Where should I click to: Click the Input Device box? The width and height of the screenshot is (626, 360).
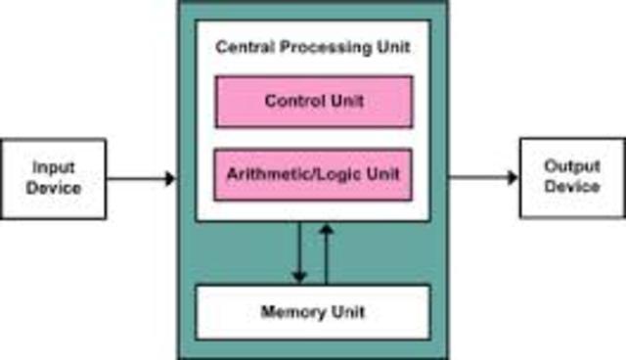(x=54, y=178)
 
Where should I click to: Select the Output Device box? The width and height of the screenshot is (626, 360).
(x=571, y=178)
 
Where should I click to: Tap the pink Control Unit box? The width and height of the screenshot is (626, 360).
(x=313, y=102)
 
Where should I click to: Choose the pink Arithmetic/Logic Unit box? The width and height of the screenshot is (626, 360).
(x=313, y=175)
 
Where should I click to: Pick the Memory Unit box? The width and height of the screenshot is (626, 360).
(x=313, y=312)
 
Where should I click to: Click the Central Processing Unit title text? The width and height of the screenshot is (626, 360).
(x=313, y=47)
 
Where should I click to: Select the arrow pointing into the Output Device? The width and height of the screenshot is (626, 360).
(x=483, y=178)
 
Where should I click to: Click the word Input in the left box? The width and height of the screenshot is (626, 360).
(x=54, y=167)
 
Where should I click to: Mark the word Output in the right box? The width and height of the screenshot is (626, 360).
(x=572, y=167)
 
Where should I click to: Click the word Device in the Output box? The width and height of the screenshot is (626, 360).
(x=572, y=186)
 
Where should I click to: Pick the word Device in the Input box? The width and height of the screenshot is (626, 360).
(x=54, y=187)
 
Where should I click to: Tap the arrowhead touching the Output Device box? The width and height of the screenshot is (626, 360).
(x=513, y=178)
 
